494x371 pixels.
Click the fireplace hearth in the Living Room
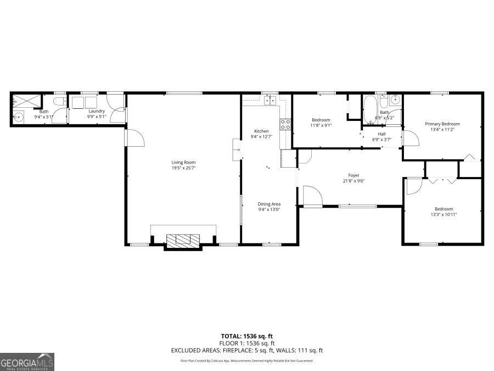183,240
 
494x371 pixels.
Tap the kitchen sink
269,100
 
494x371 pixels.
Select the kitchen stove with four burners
285,124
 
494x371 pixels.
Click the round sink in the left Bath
19,117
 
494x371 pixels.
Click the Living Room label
183,162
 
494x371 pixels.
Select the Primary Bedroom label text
442,124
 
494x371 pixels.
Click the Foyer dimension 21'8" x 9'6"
354,181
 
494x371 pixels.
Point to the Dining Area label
269,204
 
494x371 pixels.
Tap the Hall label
381,134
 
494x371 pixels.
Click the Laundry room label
97,111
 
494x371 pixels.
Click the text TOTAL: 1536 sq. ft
246,335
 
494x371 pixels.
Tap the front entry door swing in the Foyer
312,195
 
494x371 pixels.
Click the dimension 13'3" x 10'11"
444,214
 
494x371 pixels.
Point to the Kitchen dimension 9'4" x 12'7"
261,137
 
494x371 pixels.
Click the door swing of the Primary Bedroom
411,138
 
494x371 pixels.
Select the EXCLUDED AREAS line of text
246,350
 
